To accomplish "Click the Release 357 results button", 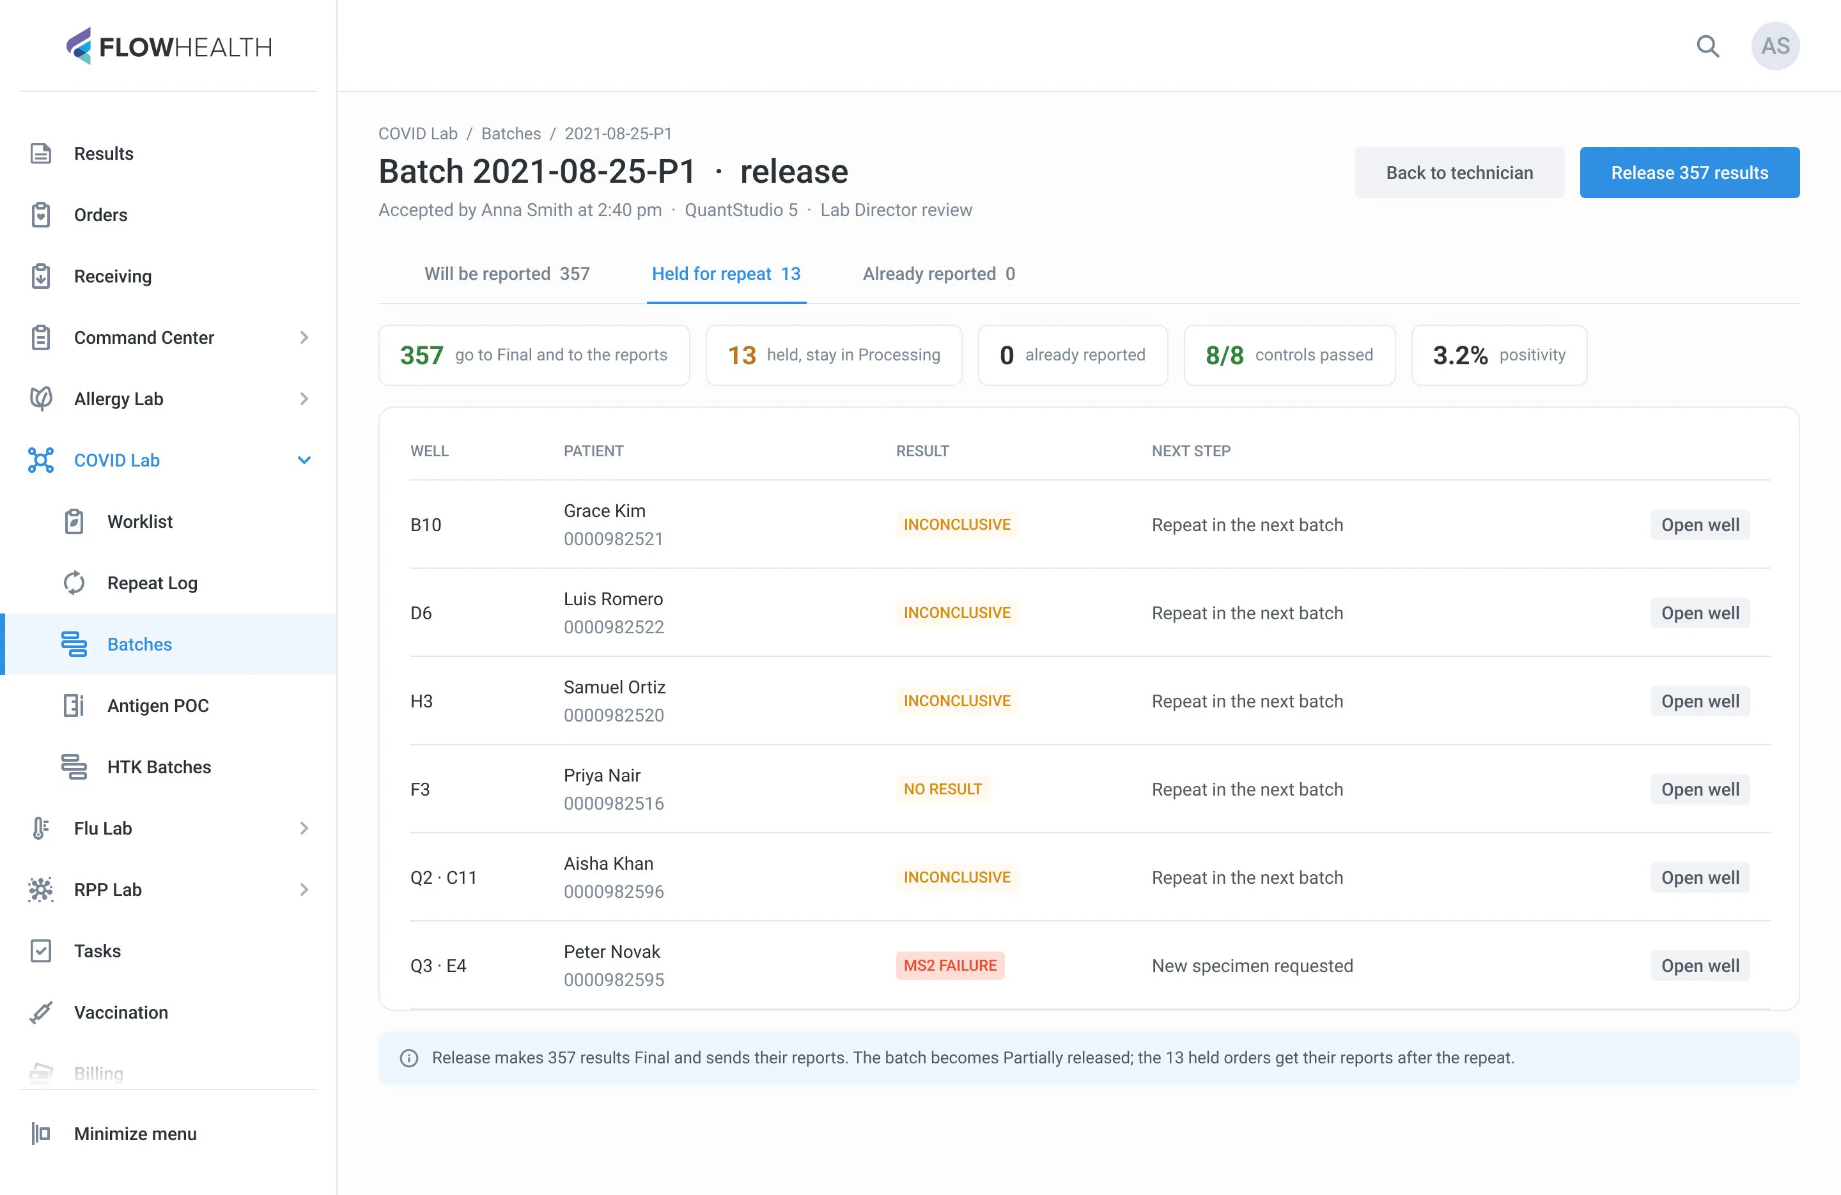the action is [x=1689, y=173].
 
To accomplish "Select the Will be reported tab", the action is [x=507, y=274].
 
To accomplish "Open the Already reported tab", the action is [x=938, y=274].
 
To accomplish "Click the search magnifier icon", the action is [x=1707, y=47].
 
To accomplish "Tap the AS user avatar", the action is [x=1775, y=47].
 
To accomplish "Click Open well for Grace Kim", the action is [x=1700, y=525].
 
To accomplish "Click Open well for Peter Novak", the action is [x=1700, y=966].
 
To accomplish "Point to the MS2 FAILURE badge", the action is [x=950, y=966].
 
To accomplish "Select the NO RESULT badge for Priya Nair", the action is [x=942, y=789].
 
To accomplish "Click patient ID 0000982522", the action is [x=614, y=628].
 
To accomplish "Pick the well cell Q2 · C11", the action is [x=443, y=878].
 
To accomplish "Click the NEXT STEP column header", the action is [x=1190, y=451].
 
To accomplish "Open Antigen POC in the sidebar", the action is [x=158, y=705].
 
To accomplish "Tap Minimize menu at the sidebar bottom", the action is [x=135, y=1134].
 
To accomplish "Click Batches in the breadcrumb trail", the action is [x=511, y=134].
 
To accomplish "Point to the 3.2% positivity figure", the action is [x=1459, y=355].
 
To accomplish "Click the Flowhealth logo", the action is [x=169, y=47].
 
